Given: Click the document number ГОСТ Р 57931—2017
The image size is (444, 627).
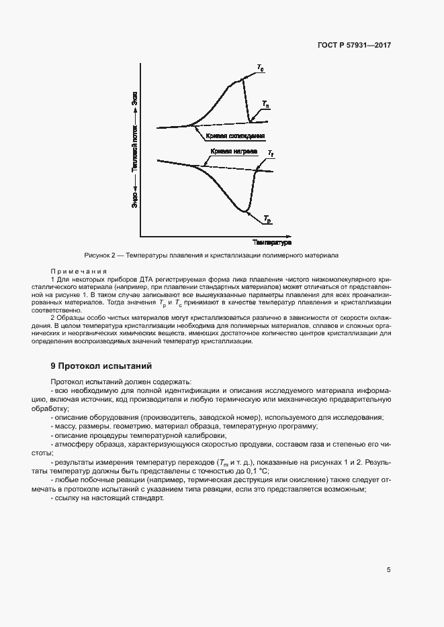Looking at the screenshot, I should [354, 46].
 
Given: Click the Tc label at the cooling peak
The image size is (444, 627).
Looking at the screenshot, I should [260, 66].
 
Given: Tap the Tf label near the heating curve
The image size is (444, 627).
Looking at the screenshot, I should [270, 154].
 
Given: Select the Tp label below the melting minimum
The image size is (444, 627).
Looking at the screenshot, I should [267, 219].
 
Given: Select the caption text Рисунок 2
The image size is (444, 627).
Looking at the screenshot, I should [100, 255].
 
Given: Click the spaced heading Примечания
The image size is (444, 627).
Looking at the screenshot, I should [79, 271].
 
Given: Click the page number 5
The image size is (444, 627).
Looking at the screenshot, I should [388, 570].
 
